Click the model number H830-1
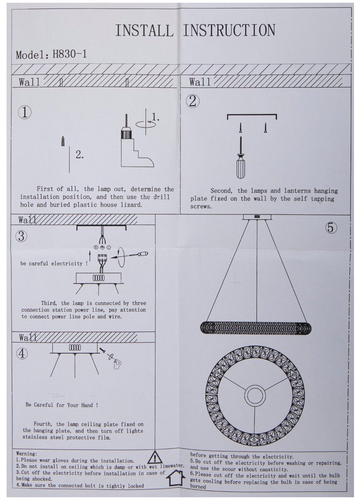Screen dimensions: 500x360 (x=69, y=54)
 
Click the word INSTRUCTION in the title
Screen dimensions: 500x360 (x=229, y=30)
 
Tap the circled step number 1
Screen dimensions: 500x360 (x=25, y=112)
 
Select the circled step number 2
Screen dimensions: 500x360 (x=192, y=101)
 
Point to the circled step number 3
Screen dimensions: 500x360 (x=22, y=236)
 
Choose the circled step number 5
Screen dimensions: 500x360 (x=331, y=228)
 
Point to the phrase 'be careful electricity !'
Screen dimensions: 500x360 (x=54, y=264)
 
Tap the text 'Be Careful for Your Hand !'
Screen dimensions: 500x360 (x=62, y=405)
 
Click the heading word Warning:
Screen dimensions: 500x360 (x=27, y=454)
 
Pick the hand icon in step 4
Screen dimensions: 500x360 (x=117, y=363)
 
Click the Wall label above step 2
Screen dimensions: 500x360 (x=200, y=82)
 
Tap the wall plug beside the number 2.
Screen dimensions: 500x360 (x=63, y=141)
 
